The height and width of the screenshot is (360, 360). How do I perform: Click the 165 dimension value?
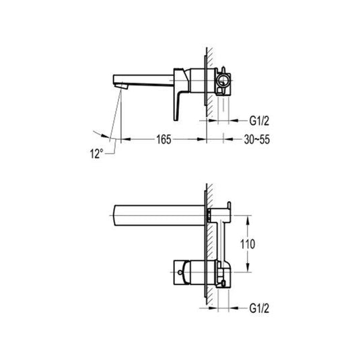[164, 139]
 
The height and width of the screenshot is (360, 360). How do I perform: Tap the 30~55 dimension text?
[256, 139]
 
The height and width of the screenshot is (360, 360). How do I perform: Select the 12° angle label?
[96, 153]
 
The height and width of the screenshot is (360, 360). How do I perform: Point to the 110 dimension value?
[248, 244]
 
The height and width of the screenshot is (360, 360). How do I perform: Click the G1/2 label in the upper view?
[259, 120]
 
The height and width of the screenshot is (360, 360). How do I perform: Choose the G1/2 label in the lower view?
[259, 309]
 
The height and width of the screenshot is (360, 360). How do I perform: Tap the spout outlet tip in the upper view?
[121, 86]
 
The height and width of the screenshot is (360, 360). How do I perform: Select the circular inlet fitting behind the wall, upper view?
[223, 81]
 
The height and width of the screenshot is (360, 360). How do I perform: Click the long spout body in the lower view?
[159, 215]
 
